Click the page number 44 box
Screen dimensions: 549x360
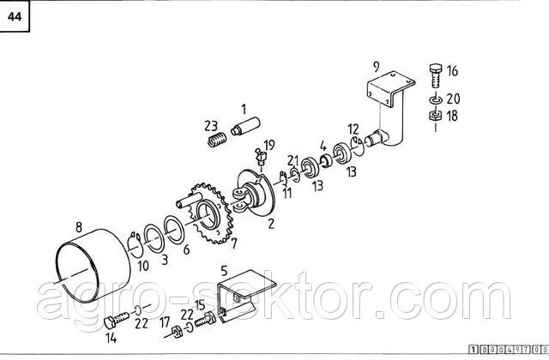pyautogui.click(x=15, y=16)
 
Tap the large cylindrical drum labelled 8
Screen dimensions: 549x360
pyautogui.click(x=94, y=265)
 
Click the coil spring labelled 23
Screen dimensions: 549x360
pyautogui.click(x=217, y=140)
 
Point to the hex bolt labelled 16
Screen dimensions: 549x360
pyautogui.click(x=435, y=76)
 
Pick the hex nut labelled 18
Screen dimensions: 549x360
pyautogui.click(x=435, y=115)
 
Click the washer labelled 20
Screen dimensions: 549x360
pyautogui.click(x=435, y=99)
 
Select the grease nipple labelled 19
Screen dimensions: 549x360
pyautogui.click(x=261, y=156)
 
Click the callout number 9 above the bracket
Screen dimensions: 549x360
pyautogui.click(x=377, y=67)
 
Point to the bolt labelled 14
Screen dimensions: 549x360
pyautogui.click(x=117, y=320)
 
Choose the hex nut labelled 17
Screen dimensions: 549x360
pyautogui.click(x=177, y=332)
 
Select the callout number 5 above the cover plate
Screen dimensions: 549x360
pyautogui.click(x=224, y=271)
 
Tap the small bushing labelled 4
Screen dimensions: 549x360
pyautogui.click(x=326, y=161)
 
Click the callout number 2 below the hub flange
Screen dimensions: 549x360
pyautogui.click(x=271, y=224)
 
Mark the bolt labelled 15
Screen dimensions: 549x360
pyautogui.click(x=205, y=319)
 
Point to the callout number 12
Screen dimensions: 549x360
pyautogui.click(x=353, y=129)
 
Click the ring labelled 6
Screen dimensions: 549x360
pyautogui.click(x=174, y=230)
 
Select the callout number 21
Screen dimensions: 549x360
pyautogui.click(x=293, y=161)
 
